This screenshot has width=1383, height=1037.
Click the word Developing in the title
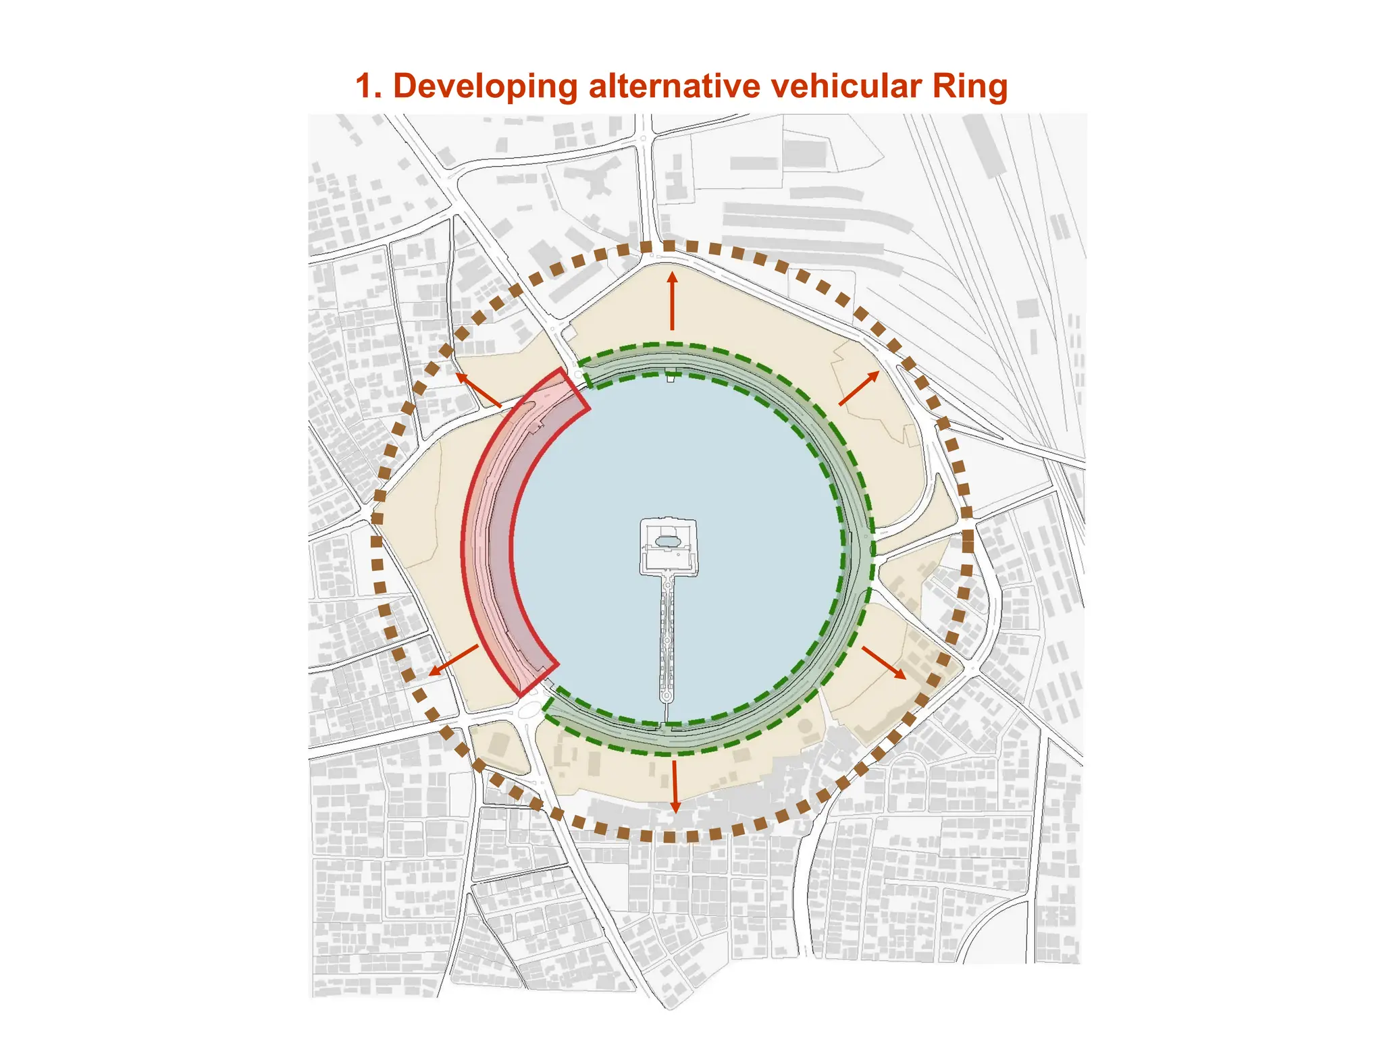click(484, 87)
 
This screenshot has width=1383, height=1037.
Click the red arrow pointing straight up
click(672, 300)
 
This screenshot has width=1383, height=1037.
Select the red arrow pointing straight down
click(674, 787)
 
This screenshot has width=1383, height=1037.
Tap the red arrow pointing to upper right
click(859, 388)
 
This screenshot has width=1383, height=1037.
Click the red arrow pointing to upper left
click(478, 390)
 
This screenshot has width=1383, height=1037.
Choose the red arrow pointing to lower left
click(454, 660)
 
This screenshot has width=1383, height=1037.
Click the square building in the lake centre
click(668, 547)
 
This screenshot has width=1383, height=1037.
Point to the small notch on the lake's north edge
click(670, 377)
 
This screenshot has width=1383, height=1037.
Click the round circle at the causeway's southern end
click(667, 695)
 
